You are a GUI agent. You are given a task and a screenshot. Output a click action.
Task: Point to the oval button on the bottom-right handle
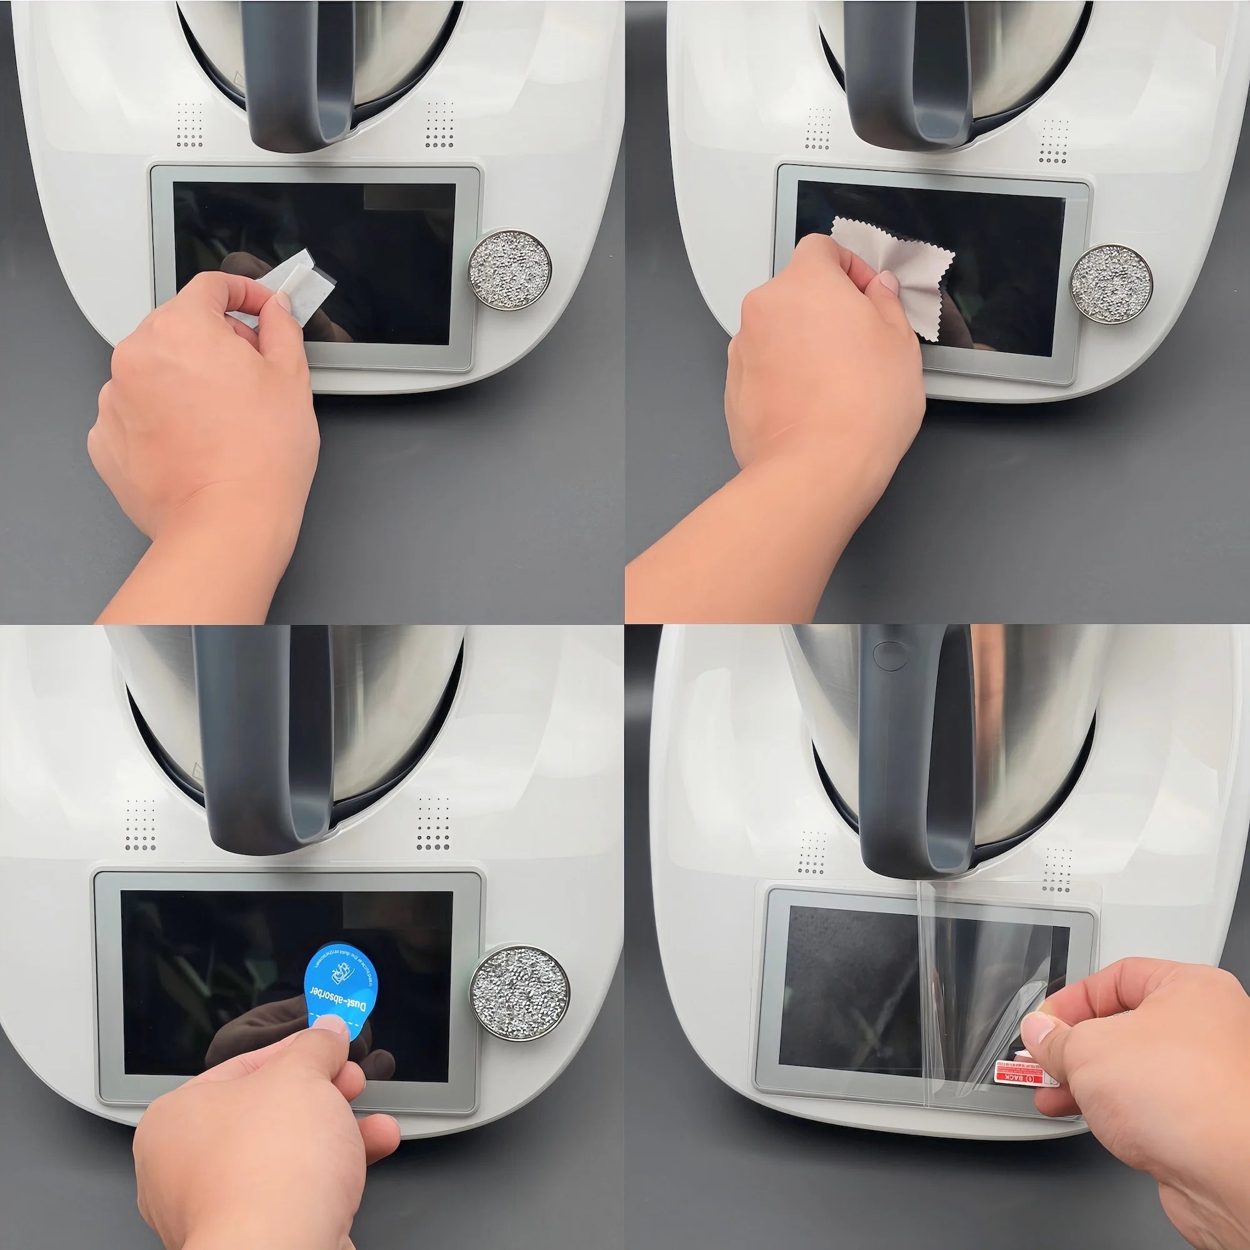click(x=887, y=654)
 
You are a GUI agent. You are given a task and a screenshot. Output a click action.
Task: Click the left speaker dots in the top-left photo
click(x=189, y=124)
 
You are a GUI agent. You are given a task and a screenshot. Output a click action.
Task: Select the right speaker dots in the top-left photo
click(x=439, y=124)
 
